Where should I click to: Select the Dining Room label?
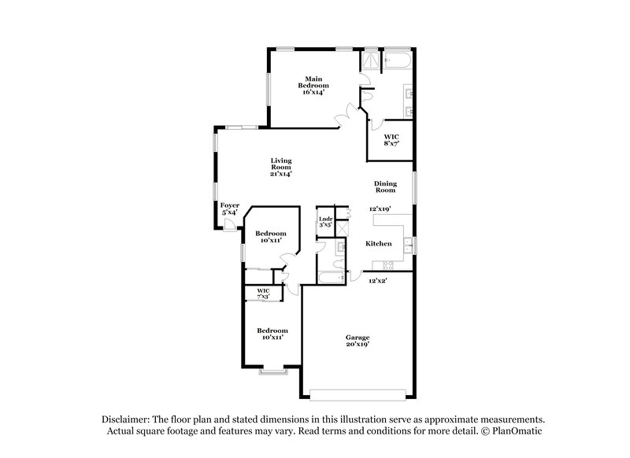coord(384,186)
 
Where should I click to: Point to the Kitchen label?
coord(379,244)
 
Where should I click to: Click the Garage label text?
coord(358,341)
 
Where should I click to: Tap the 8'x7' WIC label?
coord(391,140)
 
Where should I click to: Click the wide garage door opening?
coord(360,393)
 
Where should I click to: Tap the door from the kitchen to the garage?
coord(354,277)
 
